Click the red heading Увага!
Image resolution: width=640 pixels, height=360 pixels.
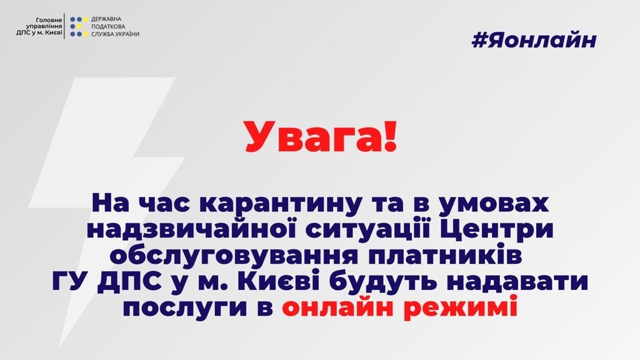point(321,137)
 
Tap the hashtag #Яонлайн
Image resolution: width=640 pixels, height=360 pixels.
point(534,41)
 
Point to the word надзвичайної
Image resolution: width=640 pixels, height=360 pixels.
point(195,229)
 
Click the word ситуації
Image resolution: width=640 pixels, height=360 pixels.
point(370,229)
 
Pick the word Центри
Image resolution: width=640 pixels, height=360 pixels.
point(495,230)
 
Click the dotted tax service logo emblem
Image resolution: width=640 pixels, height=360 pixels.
point(79,26)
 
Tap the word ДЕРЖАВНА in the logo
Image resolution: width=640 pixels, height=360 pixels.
point(106,19)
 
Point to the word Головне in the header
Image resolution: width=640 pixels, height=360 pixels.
point(49,20)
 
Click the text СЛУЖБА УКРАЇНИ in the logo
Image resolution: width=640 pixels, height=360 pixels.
point(115,34)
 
